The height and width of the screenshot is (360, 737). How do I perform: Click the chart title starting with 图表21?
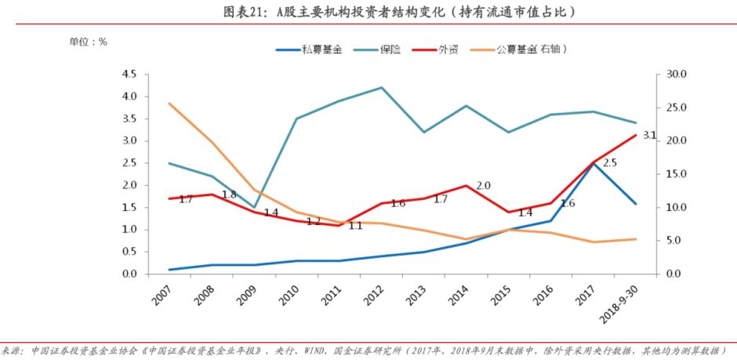coord(368,11)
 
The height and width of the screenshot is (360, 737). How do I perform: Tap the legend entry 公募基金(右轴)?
coord(531,49)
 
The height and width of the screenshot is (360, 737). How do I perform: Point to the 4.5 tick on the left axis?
coord(128,75)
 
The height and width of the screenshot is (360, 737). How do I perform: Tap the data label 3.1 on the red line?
coord(649,135)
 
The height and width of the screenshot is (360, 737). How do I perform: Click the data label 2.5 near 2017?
coord(610,162)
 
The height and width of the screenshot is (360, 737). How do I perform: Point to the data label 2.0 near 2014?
coord(483,186)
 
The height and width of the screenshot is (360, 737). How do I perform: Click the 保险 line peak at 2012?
coord(381,87)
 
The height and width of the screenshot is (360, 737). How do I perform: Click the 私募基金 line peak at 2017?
coord(594,163)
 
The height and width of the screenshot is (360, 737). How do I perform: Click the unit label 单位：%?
coord(88,42)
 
